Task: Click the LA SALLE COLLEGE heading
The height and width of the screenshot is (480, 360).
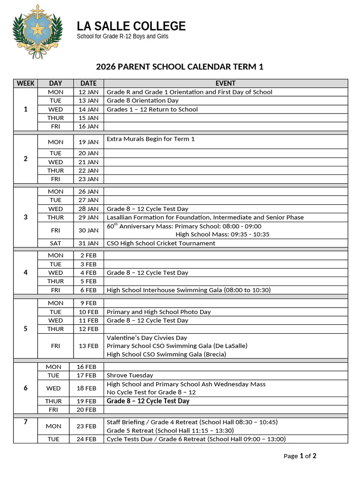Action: point(131,26)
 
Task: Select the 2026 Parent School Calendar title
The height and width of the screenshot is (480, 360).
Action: point(180,67)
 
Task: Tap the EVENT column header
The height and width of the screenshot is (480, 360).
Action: point(225,83)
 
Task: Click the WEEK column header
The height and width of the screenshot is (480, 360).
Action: point(25,83)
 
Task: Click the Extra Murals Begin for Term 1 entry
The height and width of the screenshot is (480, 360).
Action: point(150,139)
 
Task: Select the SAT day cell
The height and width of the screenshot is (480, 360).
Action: point(55,243)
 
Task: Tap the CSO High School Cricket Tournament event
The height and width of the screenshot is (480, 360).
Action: point(161,243)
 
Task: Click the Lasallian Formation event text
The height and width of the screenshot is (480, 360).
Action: point(205,217)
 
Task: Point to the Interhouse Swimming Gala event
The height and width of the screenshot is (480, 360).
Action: point(188,290)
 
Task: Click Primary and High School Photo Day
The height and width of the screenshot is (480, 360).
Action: point(158,312)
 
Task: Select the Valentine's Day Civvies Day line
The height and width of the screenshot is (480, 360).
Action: point(147,337)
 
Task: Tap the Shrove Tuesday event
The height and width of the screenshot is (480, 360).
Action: point(130,375)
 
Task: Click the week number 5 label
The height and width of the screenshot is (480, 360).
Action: point(25,329)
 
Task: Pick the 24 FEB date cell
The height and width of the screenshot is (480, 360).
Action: point(86,439)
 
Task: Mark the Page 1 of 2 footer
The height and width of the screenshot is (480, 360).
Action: point(300,456)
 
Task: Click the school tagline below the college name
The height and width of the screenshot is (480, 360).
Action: point(122,37)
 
